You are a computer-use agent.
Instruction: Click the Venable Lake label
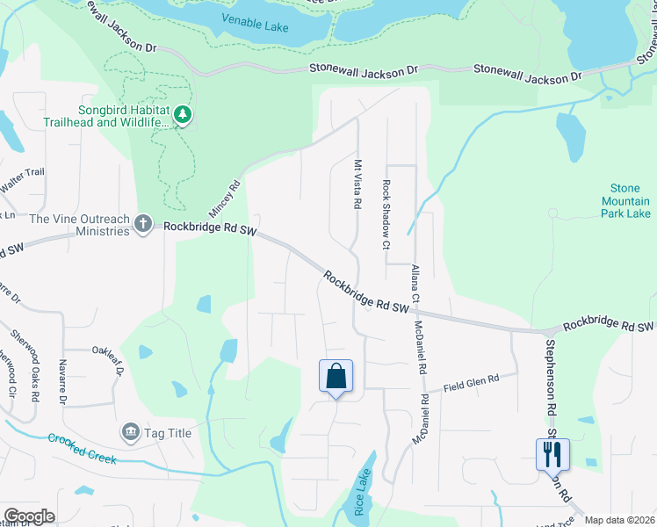tap(255, 24)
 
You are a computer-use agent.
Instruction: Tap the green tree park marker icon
tap(183, 115)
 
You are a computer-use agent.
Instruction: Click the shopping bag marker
tap(336, 377)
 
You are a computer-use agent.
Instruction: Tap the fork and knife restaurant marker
tap(552, 454)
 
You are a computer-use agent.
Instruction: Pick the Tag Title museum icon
tap(131, 432)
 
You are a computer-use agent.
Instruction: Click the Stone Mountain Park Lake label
tap(625, 201)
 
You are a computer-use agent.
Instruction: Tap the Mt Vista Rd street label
tap(358, 184)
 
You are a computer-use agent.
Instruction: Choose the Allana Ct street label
tap(415, 283)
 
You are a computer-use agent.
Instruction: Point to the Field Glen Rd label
tap(471, 382)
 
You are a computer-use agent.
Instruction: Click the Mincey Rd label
tap(224, 200)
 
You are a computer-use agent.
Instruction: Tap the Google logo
tap(29, 516)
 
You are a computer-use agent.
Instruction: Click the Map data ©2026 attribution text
tap(620, 520)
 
